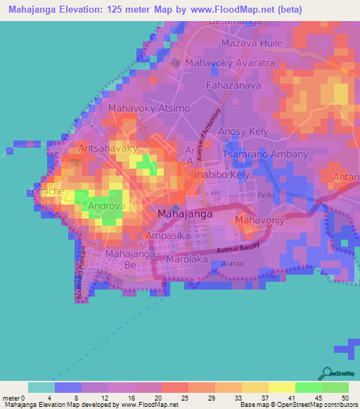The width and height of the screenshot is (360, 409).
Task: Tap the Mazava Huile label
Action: coord(252,44)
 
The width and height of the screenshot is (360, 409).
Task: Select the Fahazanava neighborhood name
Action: coord(233,86)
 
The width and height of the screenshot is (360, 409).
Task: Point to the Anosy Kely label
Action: coord(243,131)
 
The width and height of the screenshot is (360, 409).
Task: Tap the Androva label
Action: coord(106,207)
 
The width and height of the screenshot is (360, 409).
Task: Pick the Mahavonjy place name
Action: coord(258,221)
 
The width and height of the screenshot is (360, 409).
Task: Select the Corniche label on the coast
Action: coord(45,191)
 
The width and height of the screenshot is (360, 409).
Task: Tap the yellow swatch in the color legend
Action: coord(281,387)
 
